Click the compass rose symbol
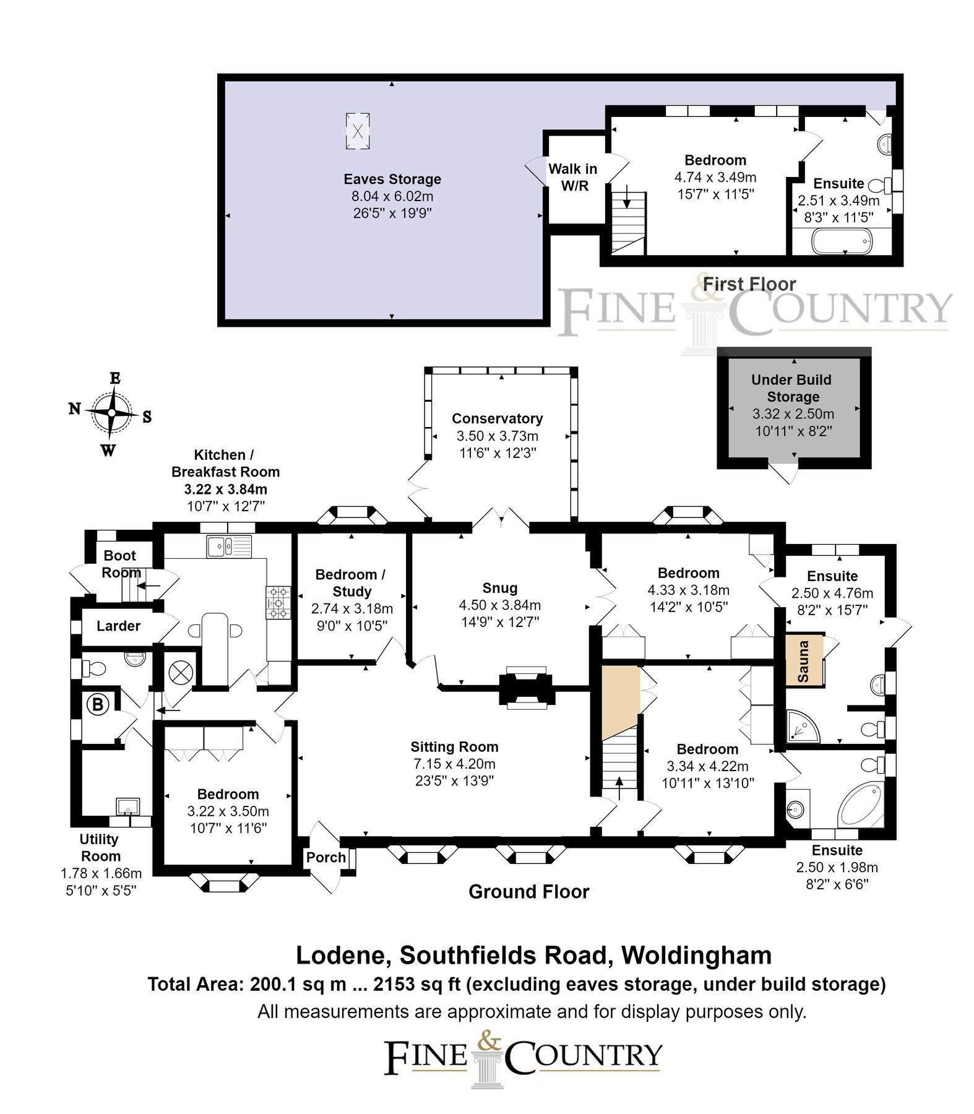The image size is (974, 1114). click(x=111, y=413)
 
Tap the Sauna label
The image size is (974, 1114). click(x=803, y=662)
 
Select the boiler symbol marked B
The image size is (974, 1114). click(x=98, y=704)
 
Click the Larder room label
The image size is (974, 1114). click(x=118, y=626)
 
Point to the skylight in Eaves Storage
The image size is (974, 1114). click(x=358, y=131)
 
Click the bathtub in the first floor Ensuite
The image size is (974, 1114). click(x=842, y=241)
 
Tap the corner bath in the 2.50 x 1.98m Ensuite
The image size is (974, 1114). click(x=860, y=805)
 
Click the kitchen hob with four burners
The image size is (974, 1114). click(x=278, y=602)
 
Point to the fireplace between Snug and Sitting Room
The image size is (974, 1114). click(x=526, y=687)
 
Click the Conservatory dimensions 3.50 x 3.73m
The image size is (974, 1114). click(x=498, y=436)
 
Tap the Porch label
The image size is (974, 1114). click(x=325, y=857)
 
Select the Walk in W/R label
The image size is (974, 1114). click(x=574, y=177)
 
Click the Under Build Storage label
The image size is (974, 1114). click(x=792, y=388)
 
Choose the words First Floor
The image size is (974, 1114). click(x=749, y=284)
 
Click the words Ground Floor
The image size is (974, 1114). click(x=528, y=892)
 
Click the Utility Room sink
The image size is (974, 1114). click(x=128, y=806)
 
